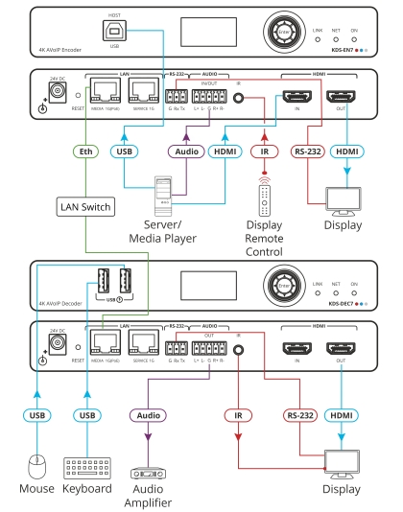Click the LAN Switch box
coord(84,206)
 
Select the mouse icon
coord(37,466)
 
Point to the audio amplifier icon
coord(147,473)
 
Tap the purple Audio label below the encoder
coord(184,151)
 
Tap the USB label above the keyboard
coord(87,415)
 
